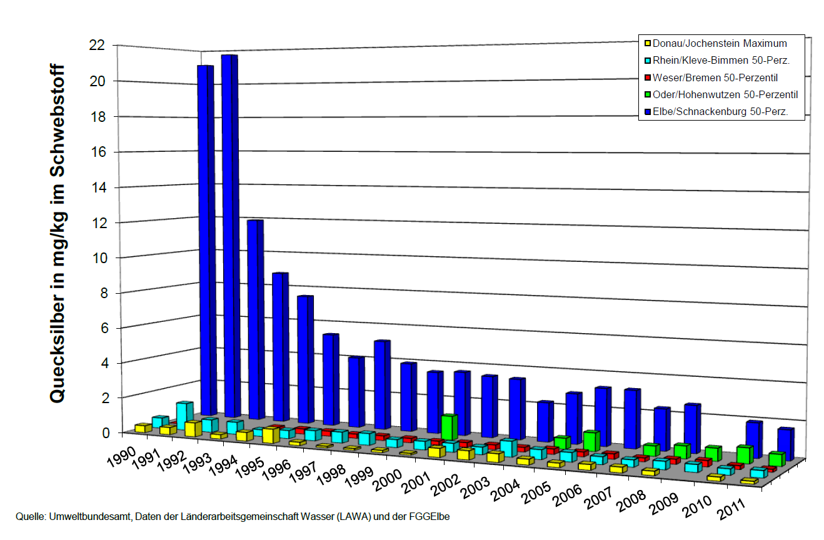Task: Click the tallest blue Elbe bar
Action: tap(229, 237)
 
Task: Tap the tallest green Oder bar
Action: tap(449, 427)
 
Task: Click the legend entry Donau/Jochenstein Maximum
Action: tap(719, 44)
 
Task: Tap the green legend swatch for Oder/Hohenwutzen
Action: tap(647, 95)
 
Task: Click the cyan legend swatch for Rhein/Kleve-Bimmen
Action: tap(647, 61)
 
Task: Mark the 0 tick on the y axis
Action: tap(107, 432)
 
